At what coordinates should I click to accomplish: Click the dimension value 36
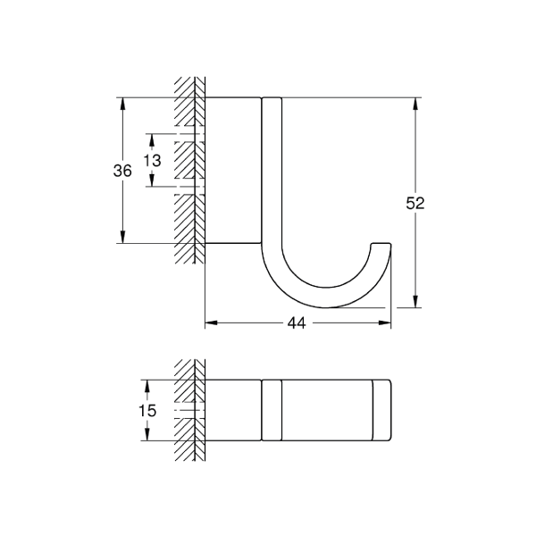click(x=122, y=171)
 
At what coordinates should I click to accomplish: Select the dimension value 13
click(x=152, y=160)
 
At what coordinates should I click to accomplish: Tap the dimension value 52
click(x=415, y=204)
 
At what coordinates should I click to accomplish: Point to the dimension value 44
click(x=297, y=322)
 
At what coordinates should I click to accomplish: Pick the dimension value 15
click(x=147, y=410)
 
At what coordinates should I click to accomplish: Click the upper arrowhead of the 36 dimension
click(x=122, y=104)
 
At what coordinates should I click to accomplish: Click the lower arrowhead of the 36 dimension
click(x=122, y=237)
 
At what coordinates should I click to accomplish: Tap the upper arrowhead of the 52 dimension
click(x=415, y=104)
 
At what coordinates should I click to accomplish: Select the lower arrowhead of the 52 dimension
click(x=415, y=301)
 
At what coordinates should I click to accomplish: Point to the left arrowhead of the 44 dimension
click(x=211, y=322)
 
